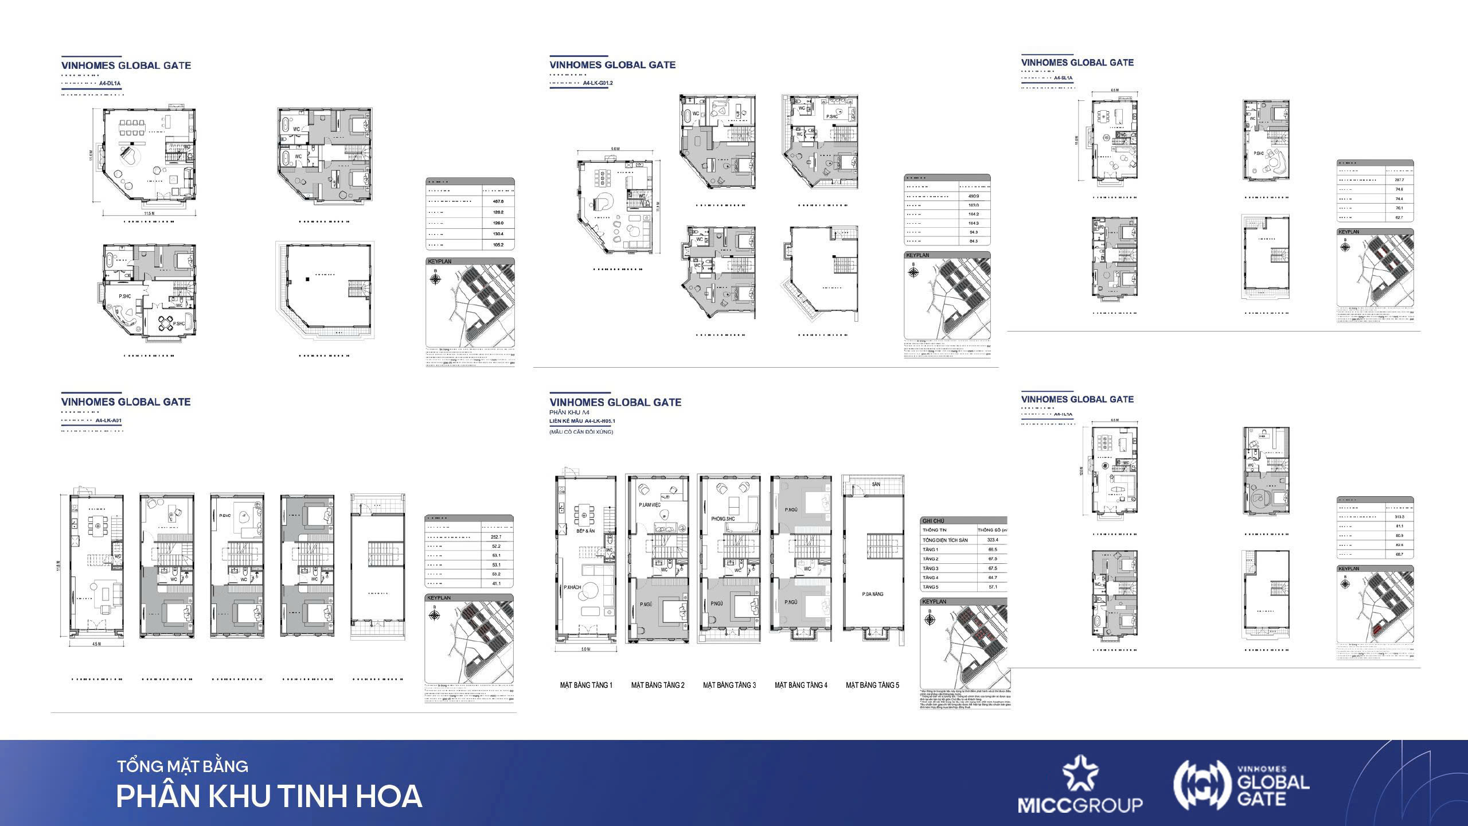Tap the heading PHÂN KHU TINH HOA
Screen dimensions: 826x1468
[269, 796]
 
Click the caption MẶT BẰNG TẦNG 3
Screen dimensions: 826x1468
[729, 685]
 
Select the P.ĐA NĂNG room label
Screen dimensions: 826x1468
[873, 594]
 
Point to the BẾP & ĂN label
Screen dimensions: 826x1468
[586, 531]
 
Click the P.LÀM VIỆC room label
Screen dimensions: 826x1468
[650, 505]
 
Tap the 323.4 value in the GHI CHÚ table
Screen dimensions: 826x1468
[993, 540]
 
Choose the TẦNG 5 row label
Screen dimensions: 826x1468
[930, 587]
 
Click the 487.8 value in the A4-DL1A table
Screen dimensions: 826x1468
[498, 201]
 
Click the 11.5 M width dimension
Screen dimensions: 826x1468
[150, 213]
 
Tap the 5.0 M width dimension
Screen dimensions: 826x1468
[585, 649]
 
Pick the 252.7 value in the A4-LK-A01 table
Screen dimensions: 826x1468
[496, 537]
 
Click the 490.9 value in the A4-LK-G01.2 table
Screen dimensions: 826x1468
[973, 196]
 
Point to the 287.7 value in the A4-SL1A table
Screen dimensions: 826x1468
[1399, 180]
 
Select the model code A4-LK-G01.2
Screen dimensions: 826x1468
[598, 83]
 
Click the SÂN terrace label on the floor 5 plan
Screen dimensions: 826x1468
[876, 484]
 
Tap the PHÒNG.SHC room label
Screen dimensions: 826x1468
[723, 519]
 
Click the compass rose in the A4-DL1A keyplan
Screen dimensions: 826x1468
[436, 279]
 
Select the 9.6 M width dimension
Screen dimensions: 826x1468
[615, 149]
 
